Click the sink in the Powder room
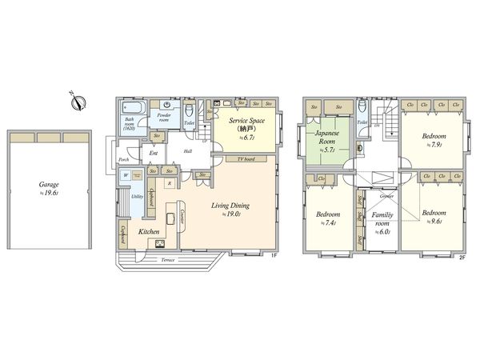pyautogui.click(x=166, y=104)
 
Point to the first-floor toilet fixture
pyautogui.click(x=189, y=110)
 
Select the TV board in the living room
pyautogui.click(x=245, y=159)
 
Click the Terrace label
pyautogui.click(x=167, y=260)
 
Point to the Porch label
pyautogui.click(x=124, y=159)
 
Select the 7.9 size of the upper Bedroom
pyautogui.click(x=437, y=145)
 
